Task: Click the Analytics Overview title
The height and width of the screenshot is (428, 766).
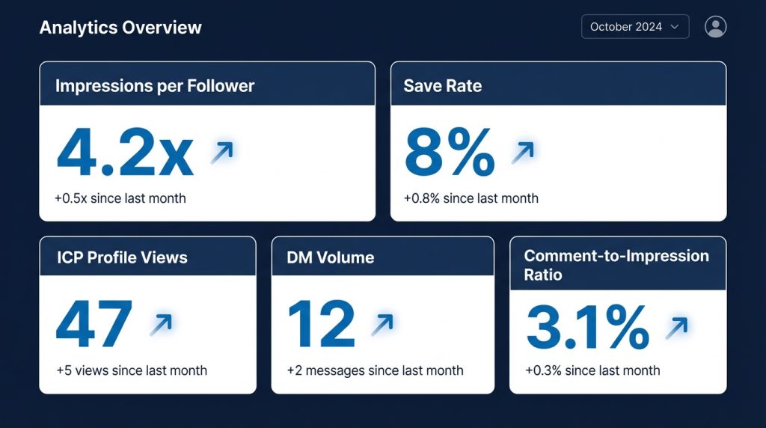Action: click(x=120, y=28)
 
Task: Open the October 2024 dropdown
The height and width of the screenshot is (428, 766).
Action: click(x=634, y=27)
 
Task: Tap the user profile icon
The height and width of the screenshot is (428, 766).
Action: click(x=715, y=27)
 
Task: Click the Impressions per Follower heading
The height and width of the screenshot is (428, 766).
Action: click(x=155, y=86)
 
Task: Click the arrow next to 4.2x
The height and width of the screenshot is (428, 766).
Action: click(x=221, y=152)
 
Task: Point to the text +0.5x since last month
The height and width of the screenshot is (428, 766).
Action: click(x=120, y=198)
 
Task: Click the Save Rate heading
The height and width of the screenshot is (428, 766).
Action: click(x=443, y=86)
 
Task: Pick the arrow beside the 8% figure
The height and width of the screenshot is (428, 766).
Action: click(x=523, y=152)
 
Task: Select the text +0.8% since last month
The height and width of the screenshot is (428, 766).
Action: click(x=471, y=198)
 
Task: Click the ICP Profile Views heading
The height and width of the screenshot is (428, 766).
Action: click(x=122, y=257)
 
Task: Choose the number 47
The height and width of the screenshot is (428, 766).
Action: click(x=94, y=324)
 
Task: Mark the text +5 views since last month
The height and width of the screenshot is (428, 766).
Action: click(x=132, y=370)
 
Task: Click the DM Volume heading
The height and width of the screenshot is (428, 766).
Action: click(x=330, y=257)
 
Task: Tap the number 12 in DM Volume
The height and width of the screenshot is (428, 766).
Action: click(x=321, y=324)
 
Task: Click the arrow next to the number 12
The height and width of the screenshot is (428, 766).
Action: click(x=382, y=324)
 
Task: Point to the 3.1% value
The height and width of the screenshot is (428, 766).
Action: click(x=587, y=327)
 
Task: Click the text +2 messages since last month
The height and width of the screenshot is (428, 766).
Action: click(x=375, y=370)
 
